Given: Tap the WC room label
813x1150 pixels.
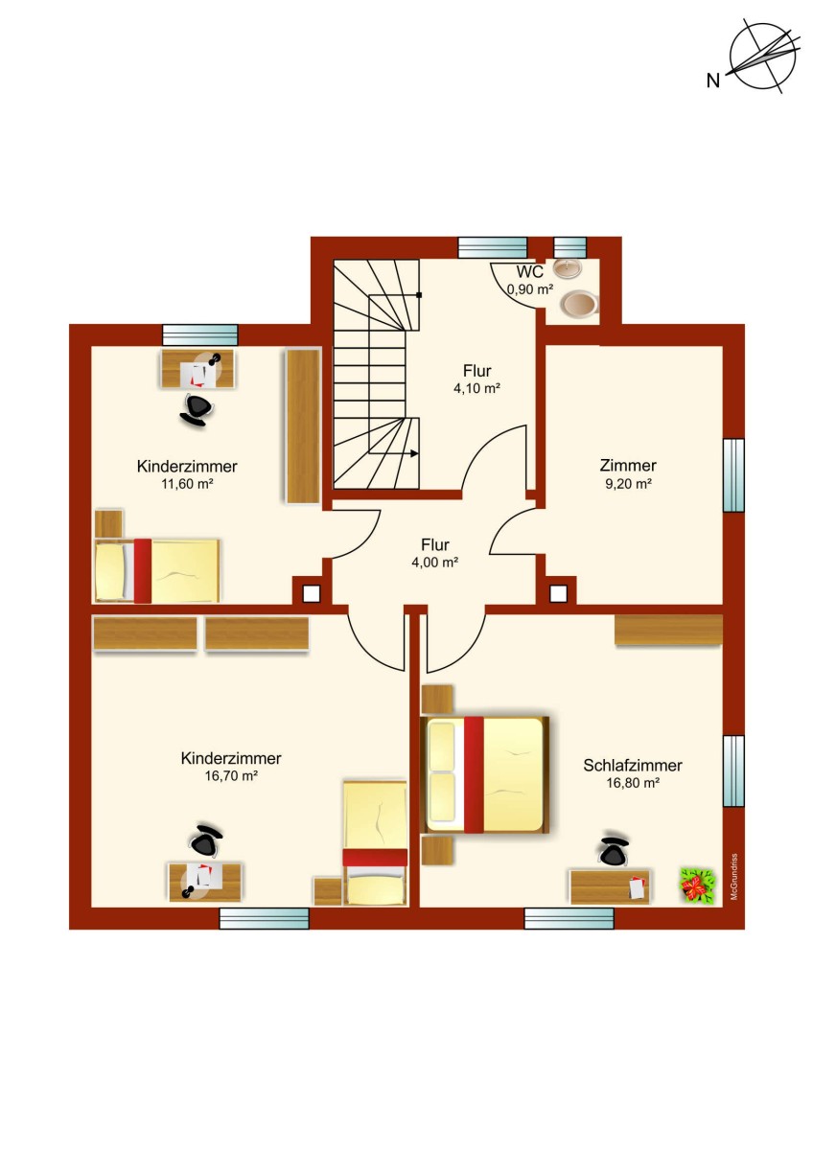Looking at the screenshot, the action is [529, 271].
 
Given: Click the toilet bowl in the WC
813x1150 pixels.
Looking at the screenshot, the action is [580, 304].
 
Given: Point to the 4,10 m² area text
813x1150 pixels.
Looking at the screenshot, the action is [476, 388].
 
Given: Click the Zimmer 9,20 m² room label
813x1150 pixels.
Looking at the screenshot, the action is [628, 473].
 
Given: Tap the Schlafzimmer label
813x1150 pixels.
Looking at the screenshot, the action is [632, 766].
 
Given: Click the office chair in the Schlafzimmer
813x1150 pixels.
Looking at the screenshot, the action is [614, 851].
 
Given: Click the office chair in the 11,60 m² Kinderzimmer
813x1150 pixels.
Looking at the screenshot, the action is [197, 408].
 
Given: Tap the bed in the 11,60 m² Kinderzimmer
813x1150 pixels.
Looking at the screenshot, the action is [157, 570].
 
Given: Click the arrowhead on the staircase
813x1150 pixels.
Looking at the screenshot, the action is [414, 453].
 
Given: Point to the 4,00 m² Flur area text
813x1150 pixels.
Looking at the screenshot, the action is [434, 563].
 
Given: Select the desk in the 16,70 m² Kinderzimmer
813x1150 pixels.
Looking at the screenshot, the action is [205, 883].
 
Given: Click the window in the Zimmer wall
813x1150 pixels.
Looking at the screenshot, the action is [733, 475].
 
